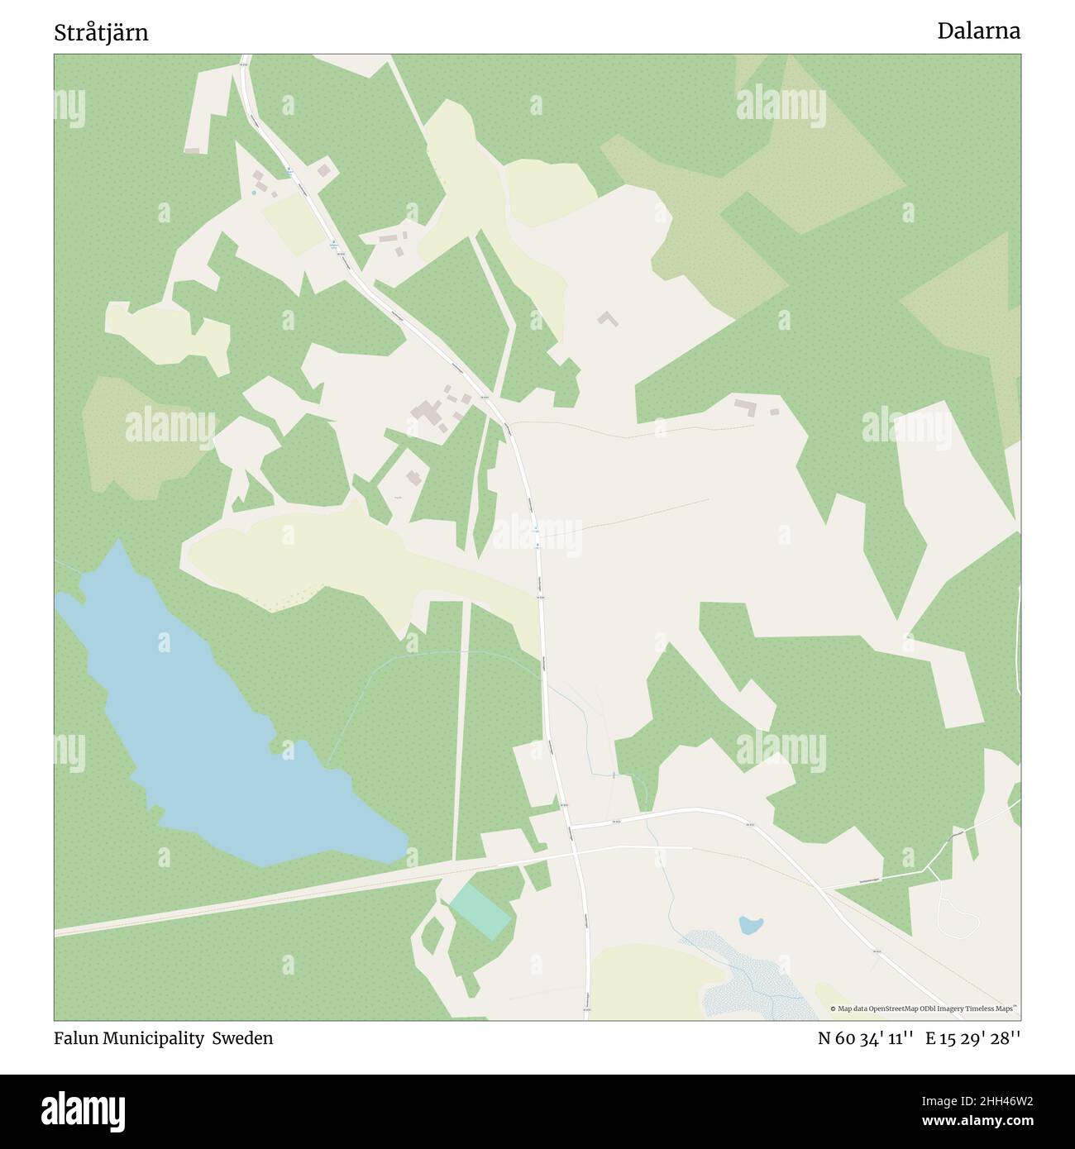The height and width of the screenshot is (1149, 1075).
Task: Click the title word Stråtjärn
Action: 101,33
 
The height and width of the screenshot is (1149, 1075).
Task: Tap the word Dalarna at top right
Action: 978,31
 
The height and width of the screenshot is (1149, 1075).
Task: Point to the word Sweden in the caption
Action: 242,1038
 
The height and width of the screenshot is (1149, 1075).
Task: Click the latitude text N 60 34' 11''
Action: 865,1038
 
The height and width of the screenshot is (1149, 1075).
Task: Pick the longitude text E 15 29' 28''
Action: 972,1038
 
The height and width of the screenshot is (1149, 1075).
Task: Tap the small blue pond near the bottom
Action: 751,925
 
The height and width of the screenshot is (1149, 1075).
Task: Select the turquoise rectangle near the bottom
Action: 480,910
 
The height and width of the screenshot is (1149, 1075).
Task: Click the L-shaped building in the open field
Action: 609,318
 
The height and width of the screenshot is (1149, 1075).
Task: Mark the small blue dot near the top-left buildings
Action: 254,193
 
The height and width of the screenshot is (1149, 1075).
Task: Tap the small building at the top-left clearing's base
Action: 193,150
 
